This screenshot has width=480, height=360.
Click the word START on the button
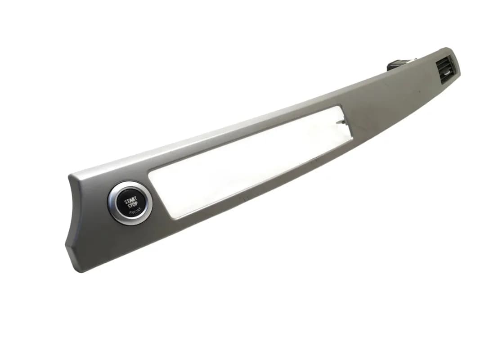pos(130,200)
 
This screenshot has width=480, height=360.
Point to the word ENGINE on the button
pos(135,211)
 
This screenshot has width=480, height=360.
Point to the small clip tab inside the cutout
pos(341,123)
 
